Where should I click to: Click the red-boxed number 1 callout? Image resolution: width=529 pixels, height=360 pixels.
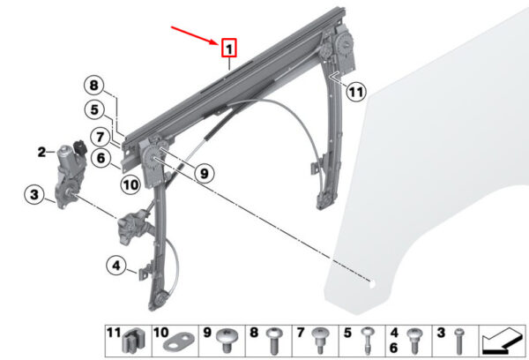pyautogui.click(x=228, y=48)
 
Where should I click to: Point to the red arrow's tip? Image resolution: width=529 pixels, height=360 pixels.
pyautogui.click(x=220, y=44)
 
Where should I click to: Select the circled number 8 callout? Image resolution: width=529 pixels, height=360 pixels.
pyautogui.click(x=93, y=86)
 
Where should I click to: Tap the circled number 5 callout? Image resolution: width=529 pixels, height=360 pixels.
pyautogui.click(x=94, y=109)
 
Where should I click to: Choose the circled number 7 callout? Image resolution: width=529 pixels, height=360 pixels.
pyautogui.click(x=101, y=137)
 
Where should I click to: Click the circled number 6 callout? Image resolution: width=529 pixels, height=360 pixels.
pyautogui.click(x=101, y=158)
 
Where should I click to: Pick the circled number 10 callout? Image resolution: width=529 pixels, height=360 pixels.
pyautogui.click(x=130, y=184)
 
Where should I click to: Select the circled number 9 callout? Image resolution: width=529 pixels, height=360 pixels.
pyautogui.click(x=205, y=173)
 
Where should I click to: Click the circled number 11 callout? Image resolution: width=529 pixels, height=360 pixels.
pyautogui.click(x=356, y=92)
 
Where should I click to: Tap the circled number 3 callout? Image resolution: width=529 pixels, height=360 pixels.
pyautogui.click(x=34, y=195)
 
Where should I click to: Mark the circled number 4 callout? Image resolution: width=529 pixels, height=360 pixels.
pyautogui.click(x=116, y=266)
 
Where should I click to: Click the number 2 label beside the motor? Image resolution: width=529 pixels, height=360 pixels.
pyautogui.click(x=41, y=152)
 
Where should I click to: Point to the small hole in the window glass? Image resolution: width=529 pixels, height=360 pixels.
pyautogui.click(x=372, y=284)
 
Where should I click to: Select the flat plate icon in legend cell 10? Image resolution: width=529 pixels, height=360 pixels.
pyautogui.click(x=179, y=341)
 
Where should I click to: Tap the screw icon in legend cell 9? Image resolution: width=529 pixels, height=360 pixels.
pyautogui.click(x=227, y=341)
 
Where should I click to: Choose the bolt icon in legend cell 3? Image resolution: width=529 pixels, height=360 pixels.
pyautogui.click(x=458, y=341)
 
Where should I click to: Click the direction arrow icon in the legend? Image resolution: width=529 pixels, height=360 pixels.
pyautogui.click(x=501, y=341)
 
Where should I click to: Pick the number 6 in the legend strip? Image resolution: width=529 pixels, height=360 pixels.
pyautogui.click(x=394, y=348)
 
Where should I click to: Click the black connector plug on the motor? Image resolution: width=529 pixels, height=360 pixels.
pyautogui.click(x=80, y=146)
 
